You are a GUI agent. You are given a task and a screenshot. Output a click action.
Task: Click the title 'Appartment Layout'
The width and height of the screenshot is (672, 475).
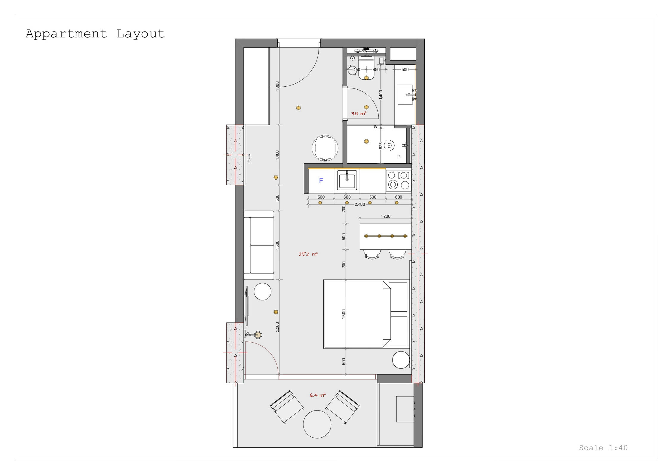(x=95, y=34)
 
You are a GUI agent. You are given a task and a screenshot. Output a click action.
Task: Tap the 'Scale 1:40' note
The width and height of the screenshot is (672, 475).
(x=603, y=448)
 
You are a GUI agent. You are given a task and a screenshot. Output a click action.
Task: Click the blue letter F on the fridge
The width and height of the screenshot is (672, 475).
(x=321, y=180)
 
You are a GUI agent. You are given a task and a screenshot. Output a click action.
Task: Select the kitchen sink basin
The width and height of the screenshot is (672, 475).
(x=347, y=180)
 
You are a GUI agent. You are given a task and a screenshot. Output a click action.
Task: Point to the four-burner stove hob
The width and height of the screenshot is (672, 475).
(x=399, y=180)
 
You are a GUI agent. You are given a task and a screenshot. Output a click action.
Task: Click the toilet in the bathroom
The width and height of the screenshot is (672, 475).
(x=366, y=69)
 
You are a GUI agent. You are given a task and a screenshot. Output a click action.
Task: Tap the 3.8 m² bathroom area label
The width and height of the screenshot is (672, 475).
(x=359, y=113)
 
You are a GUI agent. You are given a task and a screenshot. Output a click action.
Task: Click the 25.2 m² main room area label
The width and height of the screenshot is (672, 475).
(x=308, y=254)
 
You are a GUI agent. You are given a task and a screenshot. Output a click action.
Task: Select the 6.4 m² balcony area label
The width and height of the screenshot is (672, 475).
(x=317, y=395)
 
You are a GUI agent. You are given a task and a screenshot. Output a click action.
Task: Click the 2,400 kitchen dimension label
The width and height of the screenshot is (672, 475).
(x=360, y=204)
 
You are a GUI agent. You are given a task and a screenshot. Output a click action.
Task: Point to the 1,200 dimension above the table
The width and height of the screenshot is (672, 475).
(x=386, y=216)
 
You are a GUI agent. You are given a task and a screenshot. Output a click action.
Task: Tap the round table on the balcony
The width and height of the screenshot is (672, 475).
(x=317, y=424)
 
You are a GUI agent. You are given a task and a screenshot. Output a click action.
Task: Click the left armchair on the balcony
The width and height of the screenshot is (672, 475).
(x=287, y=407)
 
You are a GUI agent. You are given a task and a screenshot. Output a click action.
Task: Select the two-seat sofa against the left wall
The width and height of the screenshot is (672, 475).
(x=259, y=245)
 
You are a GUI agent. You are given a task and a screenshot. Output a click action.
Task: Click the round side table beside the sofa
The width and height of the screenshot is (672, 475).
(x=263, y=292)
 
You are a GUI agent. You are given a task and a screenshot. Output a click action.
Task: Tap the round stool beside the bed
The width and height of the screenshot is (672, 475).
(x=401, y=360)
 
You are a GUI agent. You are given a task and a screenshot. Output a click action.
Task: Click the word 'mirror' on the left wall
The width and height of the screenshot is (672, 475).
(x=249, y=158)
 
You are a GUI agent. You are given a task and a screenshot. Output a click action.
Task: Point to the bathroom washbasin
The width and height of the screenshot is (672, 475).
(x=405, y=95)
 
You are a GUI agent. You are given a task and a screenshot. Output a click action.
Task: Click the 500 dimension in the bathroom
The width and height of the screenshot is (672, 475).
(x=405, y=69)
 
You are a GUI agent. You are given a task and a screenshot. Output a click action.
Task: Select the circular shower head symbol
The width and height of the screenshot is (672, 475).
(x=389, y=145)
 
